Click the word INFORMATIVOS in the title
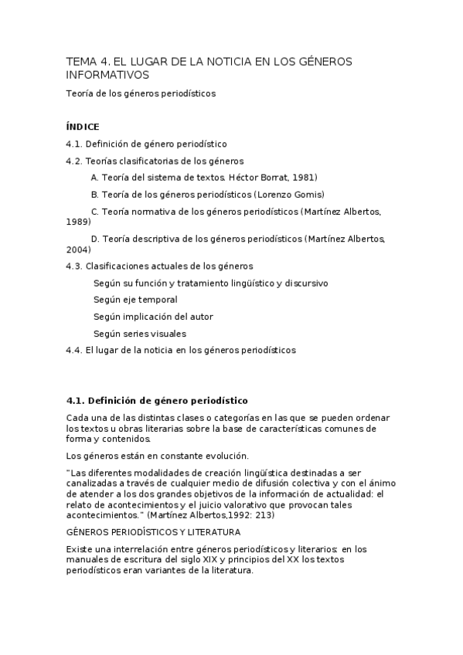pyautogui.click(x=107, y=75)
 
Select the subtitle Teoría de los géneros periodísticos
pyautogui.click(x=141, y=93)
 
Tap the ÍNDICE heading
pyautogui.click(x=83, y=127)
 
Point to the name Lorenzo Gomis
pyautogui.click(x=289, y=195)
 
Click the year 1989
pyautogui.click(x=78, y=221)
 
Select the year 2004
pyautogui.click(x=78, y=249)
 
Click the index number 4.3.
pyautogui.click(x=74, y=266)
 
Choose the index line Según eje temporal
pyautogui.click(x=135, y=300)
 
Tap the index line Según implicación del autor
pyautogui.click(x=153, y=317)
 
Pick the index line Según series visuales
pyautogui.click(x=140, y=334)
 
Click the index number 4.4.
pyautogui.click(x=74, y=350)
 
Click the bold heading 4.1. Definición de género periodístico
pyautogui.click(x=157, y=400)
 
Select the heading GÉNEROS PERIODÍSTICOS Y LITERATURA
pyautogui.click(x=154, y=532)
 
